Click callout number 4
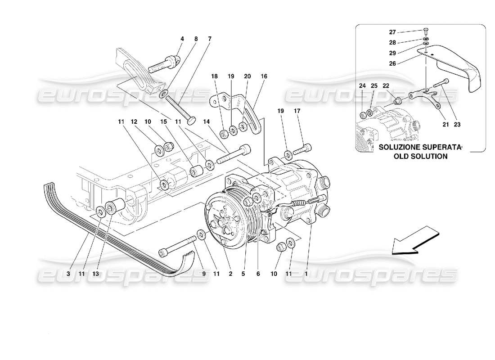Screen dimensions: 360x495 (x=182, y=39)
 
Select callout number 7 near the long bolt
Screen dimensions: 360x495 (x=209, y=39)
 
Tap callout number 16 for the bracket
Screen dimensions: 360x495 (x=263, y=77)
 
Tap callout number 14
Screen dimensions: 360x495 (x=206, y=121)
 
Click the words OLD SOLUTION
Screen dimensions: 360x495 (x=420, y=157)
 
